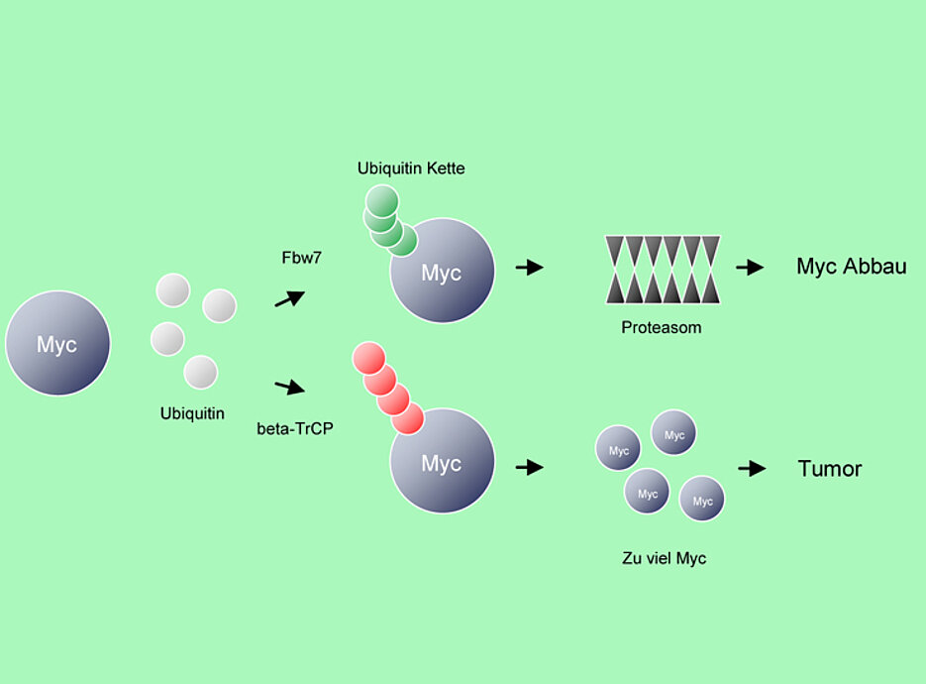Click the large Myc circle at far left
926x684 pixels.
57,343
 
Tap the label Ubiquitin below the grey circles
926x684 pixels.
192,413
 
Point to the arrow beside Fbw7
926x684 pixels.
289,298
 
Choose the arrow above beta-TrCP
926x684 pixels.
289,387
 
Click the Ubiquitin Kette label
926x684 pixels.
411,169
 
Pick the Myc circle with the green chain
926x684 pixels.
442,272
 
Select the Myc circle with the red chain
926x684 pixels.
442,462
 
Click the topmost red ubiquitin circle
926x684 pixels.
369,358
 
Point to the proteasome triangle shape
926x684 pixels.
663,269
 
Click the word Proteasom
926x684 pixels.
662,328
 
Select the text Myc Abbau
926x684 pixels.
851,267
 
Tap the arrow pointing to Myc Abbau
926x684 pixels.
750,267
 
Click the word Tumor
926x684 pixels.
830,469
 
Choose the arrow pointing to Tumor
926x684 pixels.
753,468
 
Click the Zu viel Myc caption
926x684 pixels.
664,559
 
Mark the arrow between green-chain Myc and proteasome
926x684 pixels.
530,267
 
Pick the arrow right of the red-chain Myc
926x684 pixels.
530,467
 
